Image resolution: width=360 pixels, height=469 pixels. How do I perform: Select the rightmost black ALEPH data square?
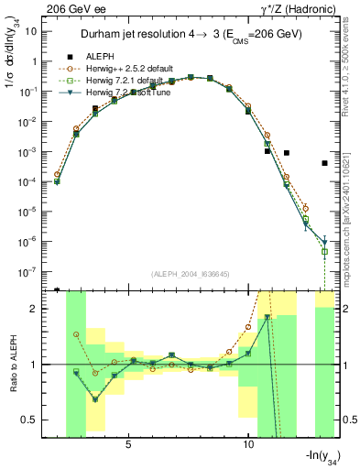pyautogui.click(x=325, y=163)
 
